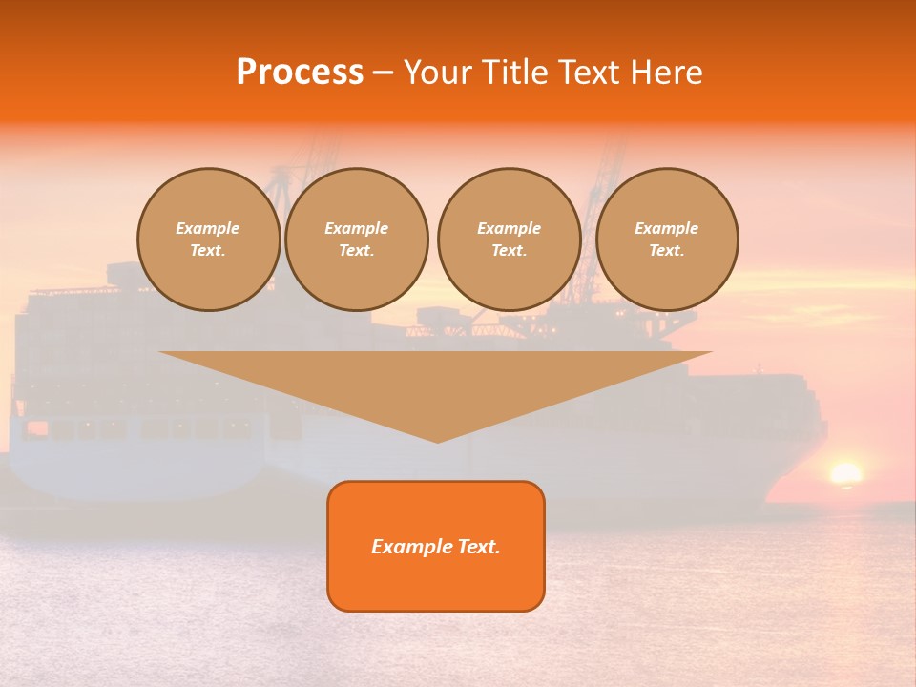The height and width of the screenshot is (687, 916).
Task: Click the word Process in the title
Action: [x=300, y=73]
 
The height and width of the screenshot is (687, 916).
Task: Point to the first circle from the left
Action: [x=208, y=239]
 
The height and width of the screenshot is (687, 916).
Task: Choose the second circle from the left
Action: [x=357, y=239]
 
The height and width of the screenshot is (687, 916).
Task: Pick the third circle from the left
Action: [x=509, y=239]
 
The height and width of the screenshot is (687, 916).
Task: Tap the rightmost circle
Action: [x=667, y=239]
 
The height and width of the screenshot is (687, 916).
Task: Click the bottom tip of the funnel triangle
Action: [x=437, y=440]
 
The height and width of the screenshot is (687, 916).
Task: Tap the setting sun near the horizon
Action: [x=845, y=474]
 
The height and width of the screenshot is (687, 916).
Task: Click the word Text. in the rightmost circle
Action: [x=667, y=251]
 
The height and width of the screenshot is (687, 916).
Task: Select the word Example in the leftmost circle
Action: [x=208, y=228]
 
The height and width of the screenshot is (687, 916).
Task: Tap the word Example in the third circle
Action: [x=509, y=228]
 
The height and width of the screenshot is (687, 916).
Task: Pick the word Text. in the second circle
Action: [x=357, y=251]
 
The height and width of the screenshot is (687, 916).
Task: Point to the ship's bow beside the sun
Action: [x=797, y=448]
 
